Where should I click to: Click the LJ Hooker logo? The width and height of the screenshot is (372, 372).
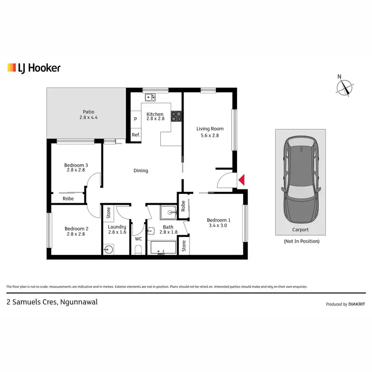tap(34, 68)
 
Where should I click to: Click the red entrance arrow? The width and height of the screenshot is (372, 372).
tap(242, 181)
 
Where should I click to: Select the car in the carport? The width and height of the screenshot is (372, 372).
tap(300, 179)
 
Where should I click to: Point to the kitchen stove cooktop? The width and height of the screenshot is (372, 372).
tap(176, 117)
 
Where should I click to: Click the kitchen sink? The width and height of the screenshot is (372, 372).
tap(150, 96)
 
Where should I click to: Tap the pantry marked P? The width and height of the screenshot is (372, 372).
tap(135, 119)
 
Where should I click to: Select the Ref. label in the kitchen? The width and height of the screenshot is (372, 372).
tap(135, 135)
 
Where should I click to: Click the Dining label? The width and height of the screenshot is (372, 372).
tap(141, 171)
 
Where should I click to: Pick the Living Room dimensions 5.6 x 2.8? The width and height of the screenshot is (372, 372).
tap(207, 135)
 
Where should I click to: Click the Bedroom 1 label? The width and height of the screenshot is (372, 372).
tap(219, 220)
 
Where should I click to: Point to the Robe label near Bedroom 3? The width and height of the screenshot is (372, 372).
tap(68, 198)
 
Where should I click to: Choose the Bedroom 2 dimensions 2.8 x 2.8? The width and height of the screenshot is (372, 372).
tap(75, 234)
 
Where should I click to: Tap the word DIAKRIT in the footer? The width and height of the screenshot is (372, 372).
tap(357, 305)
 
